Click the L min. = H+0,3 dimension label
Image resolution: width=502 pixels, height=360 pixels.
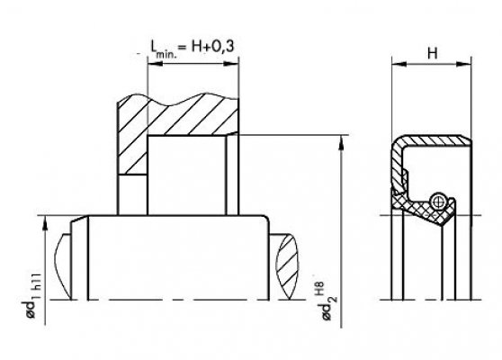193,48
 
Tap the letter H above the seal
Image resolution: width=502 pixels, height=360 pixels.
432,53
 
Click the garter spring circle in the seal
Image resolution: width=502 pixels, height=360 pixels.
437,201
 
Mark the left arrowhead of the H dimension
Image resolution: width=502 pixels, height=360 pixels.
399,64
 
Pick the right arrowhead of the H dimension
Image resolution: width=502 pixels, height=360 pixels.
464,64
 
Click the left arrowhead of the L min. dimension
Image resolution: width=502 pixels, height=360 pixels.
155,64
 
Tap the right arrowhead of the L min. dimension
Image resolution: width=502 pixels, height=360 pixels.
231,64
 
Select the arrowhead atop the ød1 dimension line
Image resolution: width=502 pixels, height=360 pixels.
45,223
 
